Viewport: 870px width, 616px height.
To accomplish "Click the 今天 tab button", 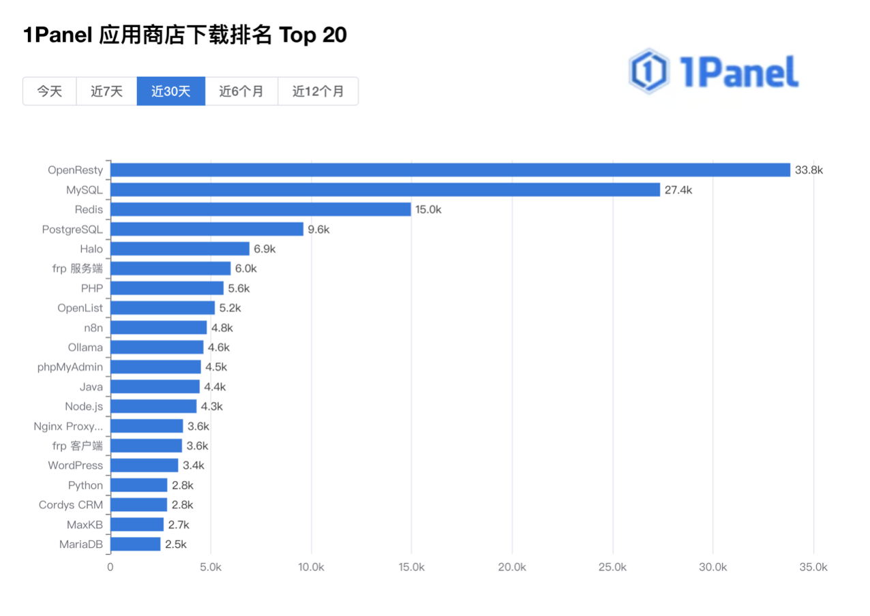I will pyautogui.click(x=49, y=91).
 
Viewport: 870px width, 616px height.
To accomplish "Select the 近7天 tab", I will pyautogui.click(x=106, y=91).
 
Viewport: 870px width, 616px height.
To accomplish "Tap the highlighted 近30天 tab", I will pyautogui.click(x=170, y=91).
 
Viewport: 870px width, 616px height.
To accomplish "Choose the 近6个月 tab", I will pyautogui.click(x=241, y=91).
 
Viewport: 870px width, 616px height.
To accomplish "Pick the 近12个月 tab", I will pyautogui.click(x=318, y=91).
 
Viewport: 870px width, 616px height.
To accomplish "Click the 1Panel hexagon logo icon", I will pyautogui.click(x=648, y=71).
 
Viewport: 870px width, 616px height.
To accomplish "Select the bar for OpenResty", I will pyautogui.click(x=450, y=170).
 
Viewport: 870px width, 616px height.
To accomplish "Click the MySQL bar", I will pyautogui.click(x=385, y=189).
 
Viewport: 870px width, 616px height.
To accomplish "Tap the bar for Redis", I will pyautogui.click(x=260, y=209).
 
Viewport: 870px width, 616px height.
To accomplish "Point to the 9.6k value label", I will pyautogui.click(x=318, y=230).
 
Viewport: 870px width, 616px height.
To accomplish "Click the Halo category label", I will pyautogui.click(x=91, y=249).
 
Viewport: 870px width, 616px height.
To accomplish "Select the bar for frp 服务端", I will pyautogui.click(x=170, y=268).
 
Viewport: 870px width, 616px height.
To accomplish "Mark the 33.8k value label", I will pyautogui.click(x=809, y=170).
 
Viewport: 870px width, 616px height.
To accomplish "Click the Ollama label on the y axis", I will pyautogui.click(x=85, y=348).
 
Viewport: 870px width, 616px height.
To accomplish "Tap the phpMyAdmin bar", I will pyautogui.click(x=155, y=367).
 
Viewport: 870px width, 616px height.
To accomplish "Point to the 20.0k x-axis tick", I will pyautogui.click(x=512, y=567).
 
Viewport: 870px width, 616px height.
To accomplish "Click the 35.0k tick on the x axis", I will pyautogui.click(x=813, y=567).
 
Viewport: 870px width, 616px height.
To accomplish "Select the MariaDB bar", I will pyautogui.click(x=135, y=544).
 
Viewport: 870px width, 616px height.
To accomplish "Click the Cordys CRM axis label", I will pyautogui.click(x=71, y=505).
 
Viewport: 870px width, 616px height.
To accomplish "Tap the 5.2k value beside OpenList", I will pyautogui.click(x=230, y=308).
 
